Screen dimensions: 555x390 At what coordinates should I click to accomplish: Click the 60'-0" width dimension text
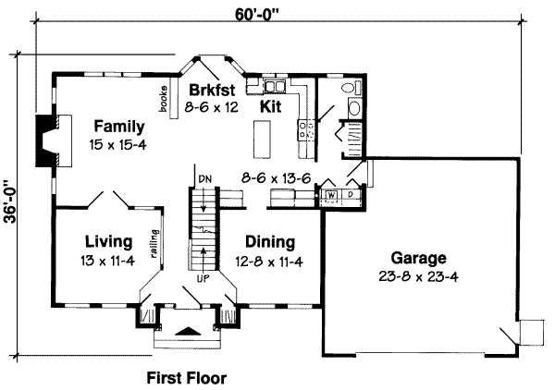[257, 15]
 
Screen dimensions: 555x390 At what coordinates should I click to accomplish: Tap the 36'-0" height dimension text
[11, 201]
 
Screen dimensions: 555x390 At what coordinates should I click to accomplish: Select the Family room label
[119, 127]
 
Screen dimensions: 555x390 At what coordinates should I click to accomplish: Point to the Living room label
[109, 242]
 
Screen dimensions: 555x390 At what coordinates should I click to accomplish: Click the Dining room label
[270, 242]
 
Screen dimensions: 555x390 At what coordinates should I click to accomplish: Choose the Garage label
[419, 258]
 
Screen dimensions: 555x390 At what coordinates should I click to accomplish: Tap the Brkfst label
[212, 90]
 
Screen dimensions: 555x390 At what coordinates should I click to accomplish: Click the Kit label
[271, 106]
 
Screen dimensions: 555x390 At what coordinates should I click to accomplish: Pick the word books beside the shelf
[164, 100]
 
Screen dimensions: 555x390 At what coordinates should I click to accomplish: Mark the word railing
[154, 244]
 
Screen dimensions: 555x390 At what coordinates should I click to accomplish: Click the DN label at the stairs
[205, 179]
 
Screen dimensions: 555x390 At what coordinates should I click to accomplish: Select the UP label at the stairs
[203, 278]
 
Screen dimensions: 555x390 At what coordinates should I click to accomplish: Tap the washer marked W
[331, 195]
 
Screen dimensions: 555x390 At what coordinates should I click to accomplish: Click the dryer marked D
[351, 194]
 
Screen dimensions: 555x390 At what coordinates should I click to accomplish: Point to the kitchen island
[263, 140]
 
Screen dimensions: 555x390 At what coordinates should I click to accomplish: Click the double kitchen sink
[275, 86]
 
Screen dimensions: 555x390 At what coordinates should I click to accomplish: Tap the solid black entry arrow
[188, 331]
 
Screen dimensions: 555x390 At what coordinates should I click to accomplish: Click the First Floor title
[187, 378]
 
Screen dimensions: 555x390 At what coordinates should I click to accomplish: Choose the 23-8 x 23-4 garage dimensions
[419, 276]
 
